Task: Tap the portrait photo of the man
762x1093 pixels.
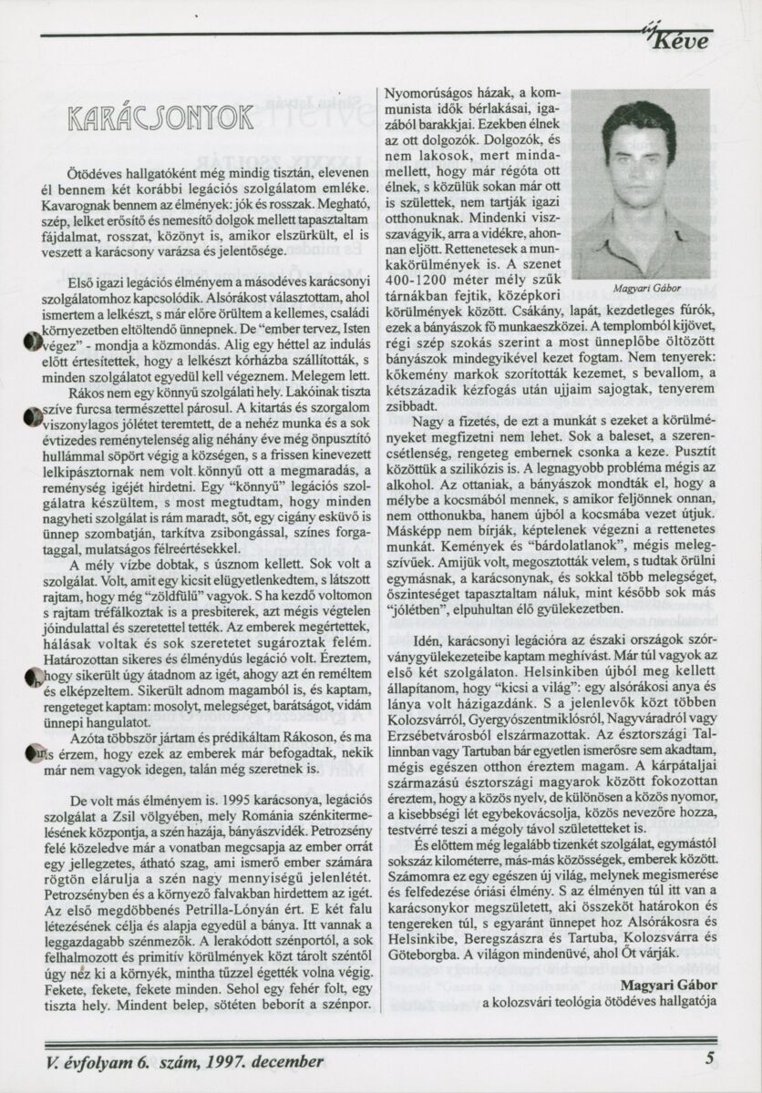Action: (x=640, y=184)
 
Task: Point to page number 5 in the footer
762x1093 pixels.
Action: (x=709, y=1059)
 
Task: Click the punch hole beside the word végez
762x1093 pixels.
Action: (x=33, y=342)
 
